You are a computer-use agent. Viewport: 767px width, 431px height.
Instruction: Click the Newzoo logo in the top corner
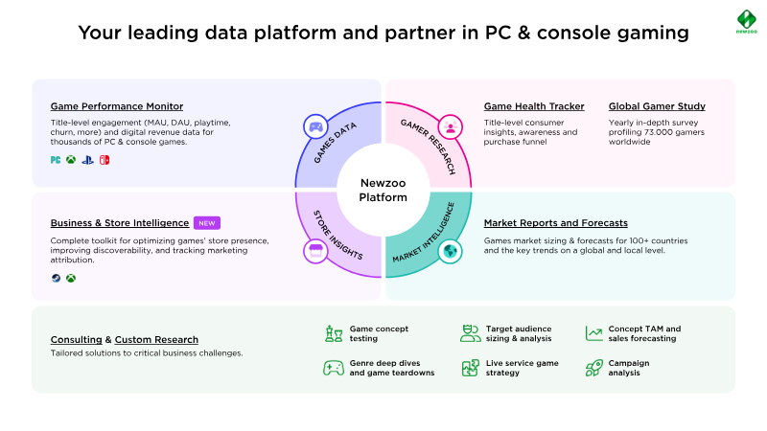(x=743, y=21)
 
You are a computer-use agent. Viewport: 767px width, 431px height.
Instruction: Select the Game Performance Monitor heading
(x=116, y=106)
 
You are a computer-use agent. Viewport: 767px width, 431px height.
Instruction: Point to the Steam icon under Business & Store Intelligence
(x=55, y=279)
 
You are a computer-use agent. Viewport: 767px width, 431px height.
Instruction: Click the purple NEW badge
(x=207, y=222)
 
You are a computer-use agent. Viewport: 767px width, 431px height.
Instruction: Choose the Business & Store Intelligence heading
(x=119, y=222)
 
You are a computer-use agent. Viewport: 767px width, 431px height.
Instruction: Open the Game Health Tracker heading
(x=534, y=106)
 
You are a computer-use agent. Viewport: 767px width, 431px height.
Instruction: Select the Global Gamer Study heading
(x=657, y=106)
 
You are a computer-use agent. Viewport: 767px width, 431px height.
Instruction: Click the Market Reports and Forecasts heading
(x=556, y=222)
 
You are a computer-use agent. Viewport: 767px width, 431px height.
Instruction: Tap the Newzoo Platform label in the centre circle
(x=383, y=190)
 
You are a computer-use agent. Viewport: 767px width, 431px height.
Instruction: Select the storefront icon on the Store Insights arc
(x=315, y=252)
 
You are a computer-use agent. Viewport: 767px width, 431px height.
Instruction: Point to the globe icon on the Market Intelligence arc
(x=449, y=252)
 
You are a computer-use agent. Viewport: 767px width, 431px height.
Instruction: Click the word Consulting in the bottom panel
(x=76, y=339)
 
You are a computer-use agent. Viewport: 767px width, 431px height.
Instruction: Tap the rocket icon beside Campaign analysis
(x=593, y=367)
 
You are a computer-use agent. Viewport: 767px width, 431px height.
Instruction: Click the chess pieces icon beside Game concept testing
(x=334, y=333)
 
